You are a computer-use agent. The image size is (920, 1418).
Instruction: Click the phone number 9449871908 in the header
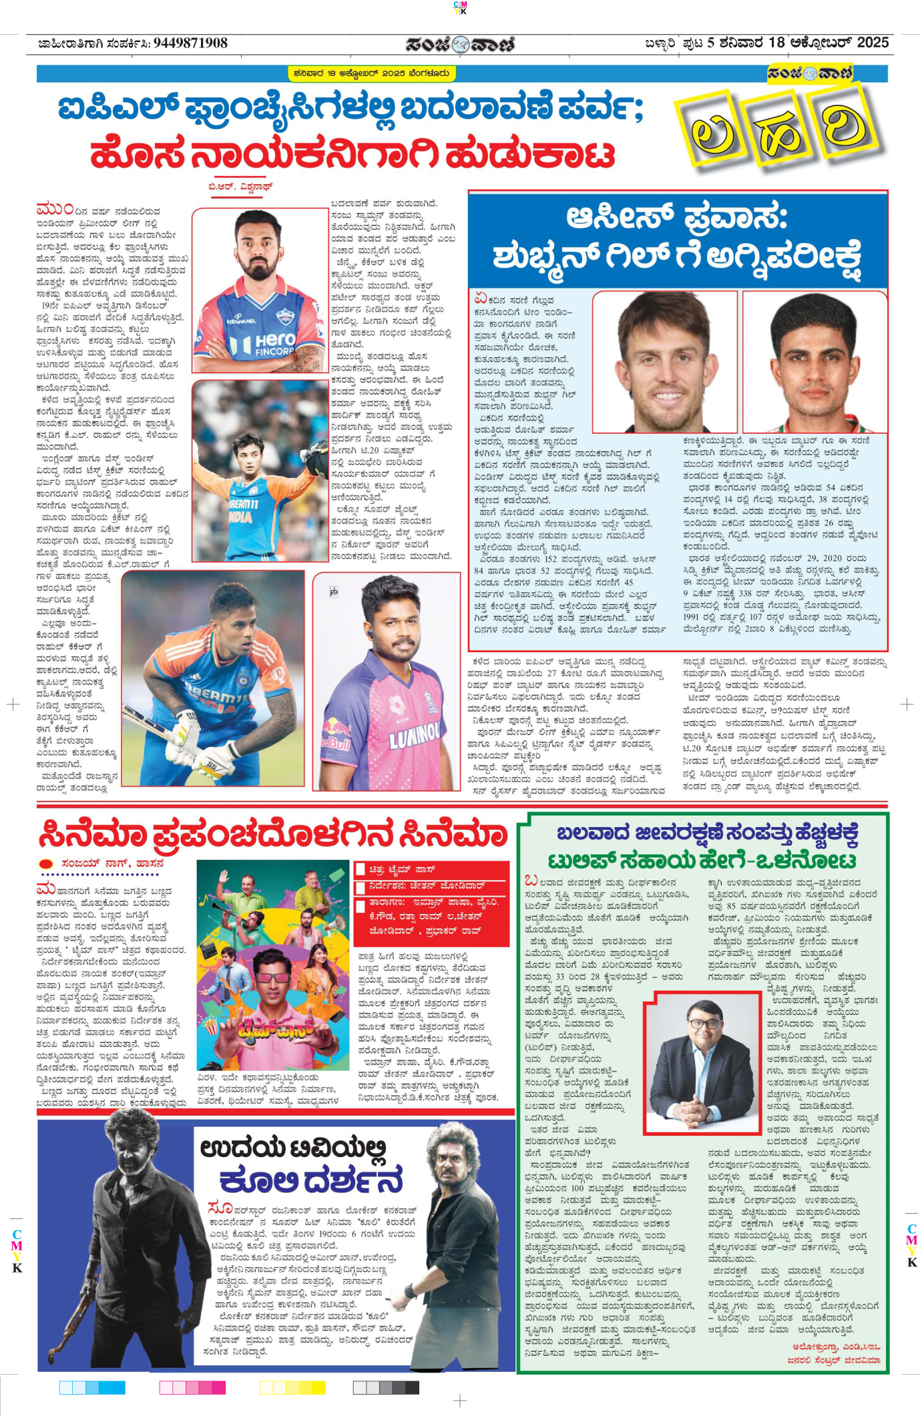(190, 43)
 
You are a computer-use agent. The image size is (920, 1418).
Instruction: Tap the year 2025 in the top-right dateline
(873, 43)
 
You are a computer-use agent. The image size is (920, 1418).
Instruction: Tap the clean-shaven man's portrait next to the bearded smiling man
(814, 364)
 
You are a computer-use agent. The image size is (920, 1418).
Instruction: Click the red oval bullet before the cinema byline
(46, 864)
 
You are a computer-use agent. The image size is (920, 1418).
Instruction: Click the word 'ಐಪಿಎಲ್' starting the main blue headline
(119, 110)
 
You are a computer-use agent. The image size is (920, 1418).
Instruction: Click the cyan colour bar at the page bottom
(92, 1388)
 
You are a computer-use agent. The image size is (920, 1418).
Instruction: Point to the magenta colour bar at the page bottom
(192, 1388)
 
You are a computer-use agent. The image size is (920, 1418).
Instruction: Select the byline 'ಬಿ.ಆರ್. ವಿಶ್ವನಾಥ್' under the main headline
(240, 187)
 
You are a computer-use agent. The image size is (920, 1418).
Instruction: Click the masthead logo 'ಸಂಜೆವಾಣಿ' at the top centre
(459, 44)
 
